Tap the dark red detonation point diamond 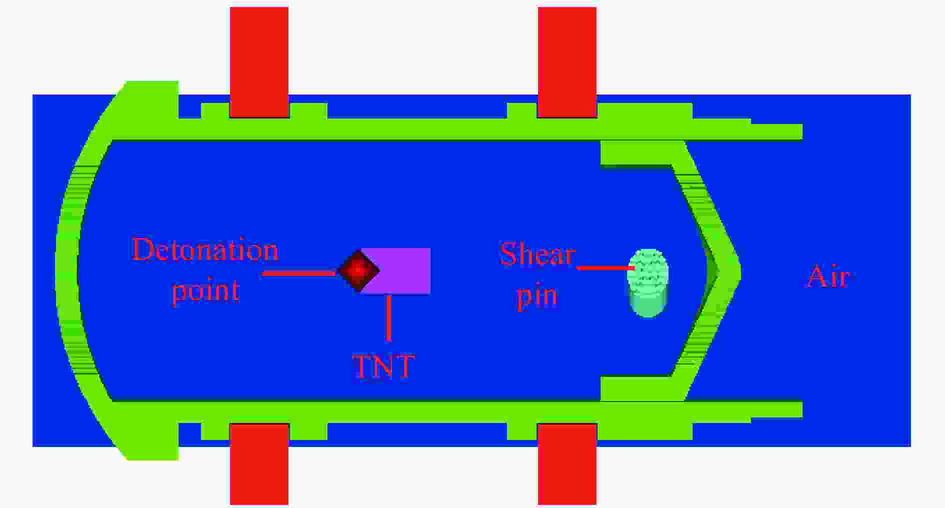click(358, 270)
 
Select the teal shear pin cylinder click(648, 283)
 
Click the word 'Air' click(828, 276)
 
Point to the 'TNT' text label click(383, 366)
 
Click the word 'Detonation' click(205, 249)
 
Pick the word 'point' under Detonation click(205, 290)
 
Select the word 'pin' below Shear click(537, 296)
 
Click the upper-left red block click(259, 62)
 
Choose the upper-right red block click(567, 62)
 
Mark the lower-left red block click(259, 464)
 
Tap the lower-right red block click(567, 464)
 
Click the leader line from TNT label click(388, 318)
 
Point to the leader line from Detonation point click(299, 273)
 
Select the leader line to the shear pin click(605, 268)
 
